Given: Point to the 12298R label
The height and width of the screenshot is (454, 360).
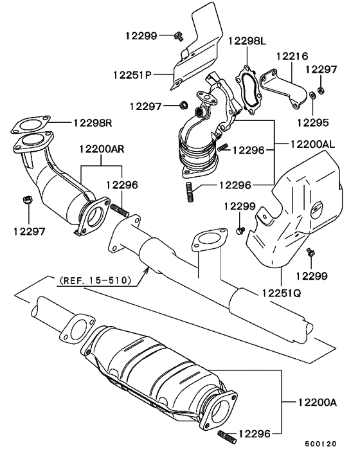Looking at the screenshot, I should point(93,121).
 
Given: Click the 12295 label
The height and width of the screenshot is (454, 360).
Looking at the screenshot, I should point(312,120).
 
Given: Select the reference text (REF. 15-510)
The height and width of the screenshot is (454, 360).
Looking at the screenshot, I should point(94,280).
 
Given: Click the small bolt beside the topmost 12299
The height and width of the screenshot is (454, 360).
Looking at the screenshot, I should point(179,37).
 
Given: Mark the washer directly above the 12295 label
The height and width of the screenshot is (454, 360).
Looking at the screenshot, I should point(312,96).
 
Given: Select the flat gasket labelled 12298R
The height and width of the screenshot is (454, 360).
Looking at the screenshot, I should point(30,122).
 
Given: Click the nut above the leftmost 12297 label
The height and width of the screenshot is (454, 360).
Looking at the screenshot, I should point(28,200).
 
